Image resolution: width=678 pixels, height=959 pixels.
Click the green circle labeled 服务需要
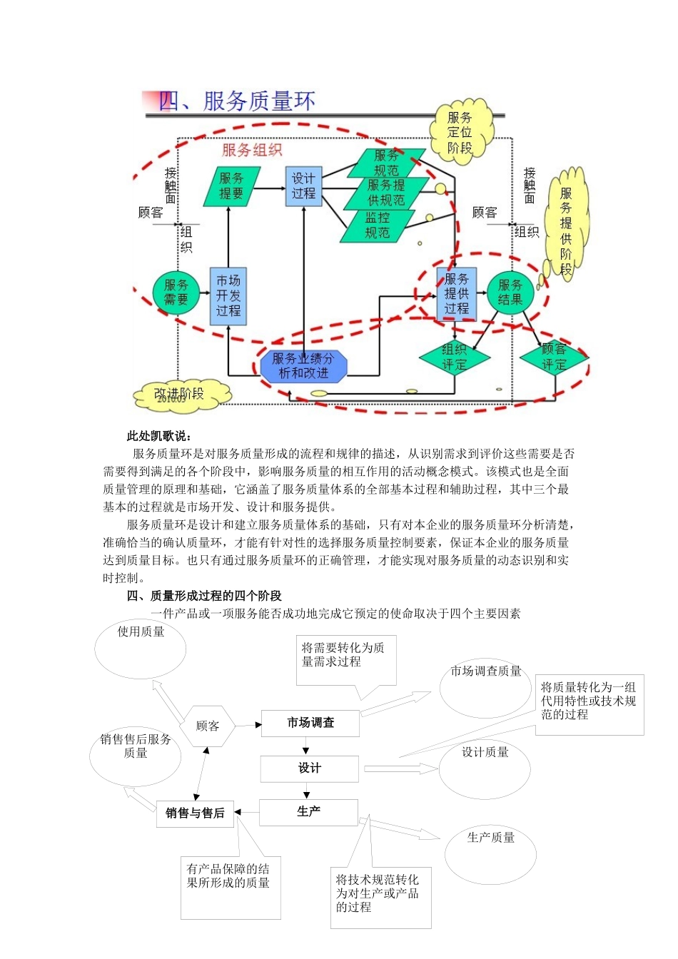(176, 293)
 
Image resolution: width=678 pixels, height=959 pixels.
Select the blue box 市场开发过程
(228, 296)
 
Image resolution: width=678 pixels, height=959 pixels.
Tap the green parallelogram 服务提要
(231, 186)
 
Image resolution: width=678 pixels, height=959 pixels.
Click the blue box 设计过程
(304, 186)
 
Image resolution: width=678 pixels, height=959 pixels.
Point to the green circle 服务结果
(510, 293)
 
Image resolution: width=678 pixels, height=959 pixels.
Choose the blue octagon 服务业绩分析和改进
(303, 366)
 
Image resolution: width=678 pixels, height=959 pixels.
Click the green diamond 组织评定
(454, 357)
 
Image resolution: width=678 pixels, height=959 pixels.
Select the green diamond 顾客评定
(553, 357)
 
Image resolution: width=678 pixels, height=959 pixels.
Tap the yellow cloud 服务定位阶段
(460, 133)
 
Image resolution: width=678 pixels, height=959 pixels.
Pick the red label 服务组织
(252, 150)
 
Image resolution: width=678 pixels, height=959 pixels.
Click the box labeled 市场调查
(310, 723)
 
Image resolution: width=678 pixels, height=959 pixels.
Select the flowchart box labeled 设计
(309, 768)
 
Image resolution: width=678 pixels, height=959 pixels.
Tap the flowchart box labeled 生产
(308, 812)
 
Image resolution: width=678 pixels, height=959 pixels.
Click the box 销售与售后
(195, 813)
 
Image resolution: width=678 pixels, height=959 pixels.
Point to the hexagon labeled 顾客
(208, 726)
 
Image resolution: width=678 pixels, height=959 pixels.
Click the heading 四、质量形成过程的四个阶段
(204, 596)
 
